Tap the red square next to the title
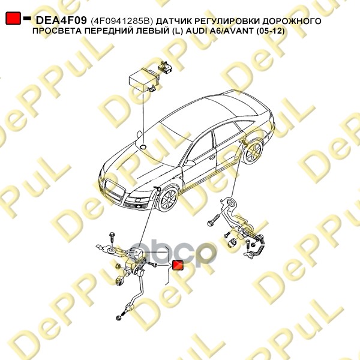(13, 19)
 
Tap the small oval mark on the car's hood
(144, 145)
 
